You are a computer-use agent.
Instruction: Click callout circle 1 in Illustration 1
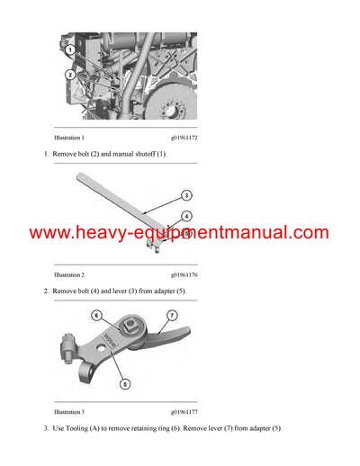coord(70,50)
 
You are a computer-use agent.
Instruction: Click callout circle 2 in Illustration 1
coord(70,75)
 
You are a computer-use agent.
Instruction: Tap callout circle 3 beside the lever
coord(184,194)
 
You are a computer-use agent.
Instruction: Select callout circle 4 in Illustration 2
coord(185,216)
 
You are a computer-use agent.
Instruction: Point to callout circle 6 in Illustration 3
coord(97,317)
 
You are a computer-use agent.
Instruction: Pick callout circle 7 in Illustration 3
coord(173,316)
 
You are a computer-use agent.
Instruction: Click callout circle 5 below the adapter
coord(125,382)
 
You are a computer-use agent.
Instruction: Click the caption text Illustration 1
coord(69,138)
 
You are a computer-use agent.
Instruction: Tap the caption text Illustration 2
coord(69,274)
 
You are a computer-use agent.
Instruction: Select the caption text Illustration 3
coord(69,411)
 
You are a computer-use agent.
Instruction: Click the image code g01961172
coord(184,138)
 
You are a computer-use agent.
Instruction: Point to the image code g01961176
coord(184,274)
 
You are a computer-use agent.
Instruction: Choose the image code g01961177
coord(184,411)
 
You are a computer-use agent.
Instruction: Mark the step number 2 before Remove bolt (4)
coord(45,291)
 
